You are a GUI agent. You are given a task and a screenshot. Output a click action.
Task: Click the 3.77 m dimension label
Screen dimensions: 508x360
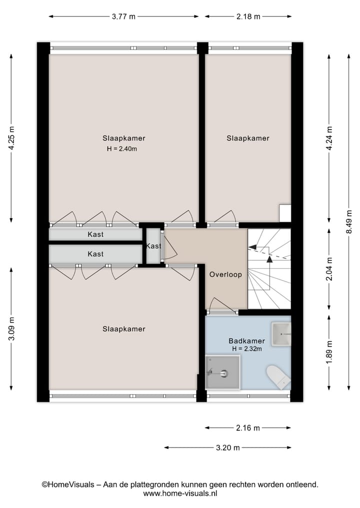pos(123,16)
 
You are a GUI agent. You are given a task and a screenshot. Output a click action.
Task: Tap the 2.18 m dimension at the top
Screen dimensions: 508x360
pos(248,16)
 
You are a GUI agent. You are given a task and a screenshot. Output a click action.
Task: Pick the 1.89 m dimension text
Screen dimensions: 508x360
pos(329,353)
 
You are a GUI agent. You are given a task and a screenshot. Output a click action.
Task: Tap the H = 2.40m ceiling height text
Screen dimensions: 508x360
pos(121,148)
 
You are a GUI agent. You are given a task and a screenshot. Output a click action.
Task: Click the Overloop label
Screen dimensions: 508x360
pos(225,274)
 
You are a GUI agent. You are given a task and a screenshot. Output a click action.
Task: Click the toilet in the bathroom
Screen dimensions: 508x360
pos(278,376)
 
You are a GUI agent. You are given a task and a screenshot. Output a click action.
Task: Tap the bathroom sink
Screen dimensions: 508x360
pos(281,333)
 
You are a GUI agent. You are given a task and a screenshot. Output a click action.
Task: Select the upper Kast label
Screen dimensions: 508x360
pos(95,234)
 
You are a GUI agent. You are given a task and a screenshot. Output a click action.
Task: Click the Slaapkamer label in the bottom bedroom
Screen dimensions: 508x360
pos(123,329)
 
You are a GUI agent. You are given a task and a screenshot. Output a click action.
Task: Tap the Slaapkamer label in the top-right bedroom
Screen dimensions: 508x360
pos(247,138)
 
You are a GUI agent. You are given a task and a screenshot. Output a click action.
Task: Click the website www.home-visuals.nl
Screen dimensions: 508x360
pos(180,493)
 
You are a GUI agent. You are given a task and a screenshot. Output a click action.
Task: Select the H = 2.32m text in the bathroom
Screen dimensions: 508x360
pos(246,349)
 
